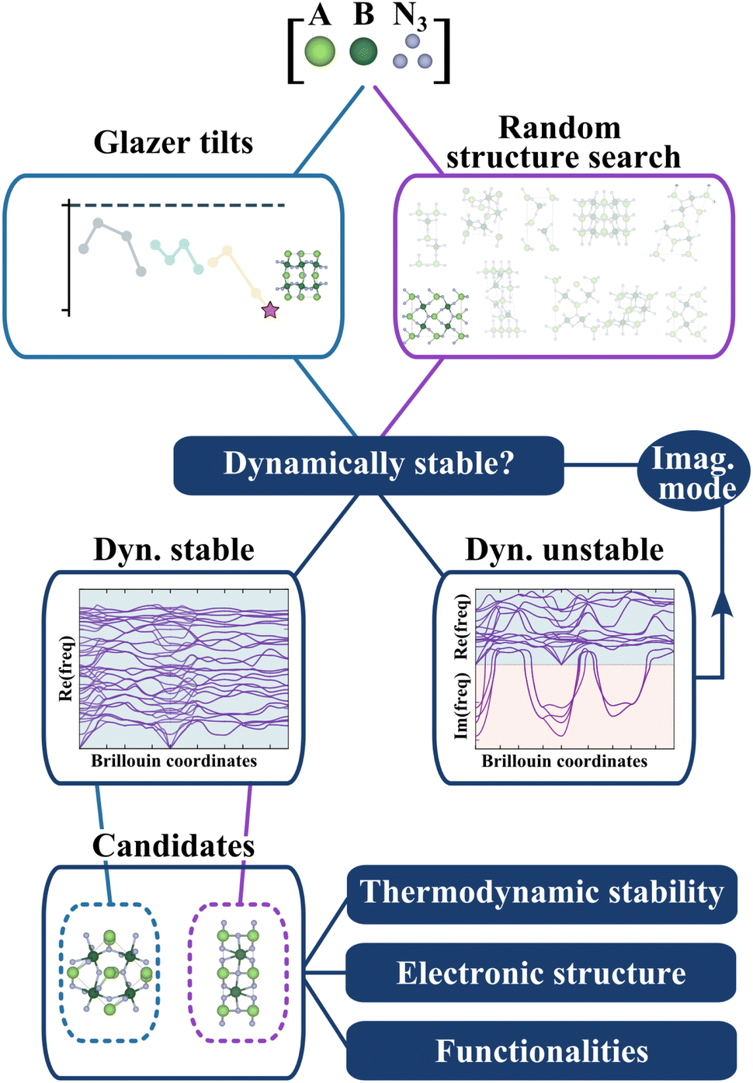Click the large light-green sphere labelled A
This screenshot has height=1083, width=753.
click(x=320, y=50)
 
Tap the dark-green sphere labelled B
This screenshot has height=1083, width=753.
click(x=363, y=51)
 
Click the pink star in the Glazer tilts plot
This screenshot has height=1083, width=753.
click(x=270, y=310)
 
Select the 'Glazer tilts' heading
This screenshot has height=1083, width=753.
click(x=173, y=142)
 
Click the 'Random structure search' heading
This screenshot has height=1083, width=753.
click(x=562, y=143)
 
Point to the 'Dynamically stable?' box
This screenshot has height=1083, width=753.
click(x=369, y=465)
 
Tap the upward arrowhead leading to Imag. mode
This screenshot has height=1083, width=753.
click(x=723, y=604)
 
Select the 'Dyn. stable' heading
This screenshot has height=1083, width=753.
click(x=174, y=550)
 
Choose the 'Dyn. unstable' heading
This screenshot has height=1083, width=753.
click(x=564, y=550)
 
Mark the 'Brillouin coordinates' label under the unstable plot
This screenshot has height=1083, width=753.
click(x=564, y=761)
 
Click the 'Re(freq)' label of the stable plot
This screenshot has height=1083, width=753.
click(x=65, y=668)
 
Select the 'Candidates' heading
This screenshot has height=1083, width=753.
click(x=174, y=845)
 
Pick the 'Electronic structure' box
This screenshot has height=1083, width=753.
click(x=541, y=972)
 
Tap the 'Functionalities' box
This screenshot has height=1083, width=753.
click(x=541, y=1050)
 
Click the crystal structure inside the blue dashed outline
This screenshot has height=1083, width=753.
click(x=111, y=971)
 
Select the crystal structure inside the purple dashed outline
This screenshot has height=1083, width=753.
click(x=238, y=972)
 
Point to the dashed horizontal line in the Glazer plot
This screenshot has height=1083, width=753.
click(x=177, y=206)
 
